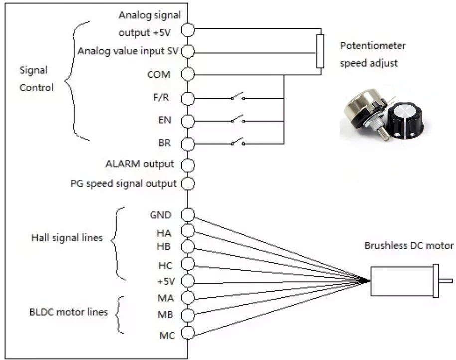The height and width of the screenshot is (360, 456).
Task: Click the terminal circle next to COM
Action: coord(187,75)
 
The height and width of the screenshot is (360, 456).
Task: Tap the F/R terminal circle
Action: coord(187,98)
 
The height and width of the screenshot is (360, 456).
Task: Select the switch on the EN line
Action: coord(237,120)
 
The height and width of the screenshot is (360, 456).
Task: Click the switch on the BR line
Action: coord(237,143)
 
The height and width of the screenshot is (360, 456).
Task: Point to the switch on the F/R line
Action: coord(237,97)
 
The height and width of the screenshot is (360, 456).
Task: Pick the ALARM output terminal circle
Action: coord(187,164)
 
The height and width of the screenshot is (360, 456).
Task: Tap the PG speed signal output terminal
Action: coord(187,183)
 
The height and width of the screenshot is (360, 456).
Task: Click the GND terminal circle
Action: coord(187,215)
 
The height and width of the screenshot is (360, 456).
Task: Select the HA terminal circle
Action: coord(187,230)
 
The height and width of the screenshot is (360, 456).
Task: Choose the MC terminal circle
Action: coord(187,333)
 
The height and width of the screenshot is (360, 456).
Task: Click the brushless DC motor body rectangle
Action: coord(401,281)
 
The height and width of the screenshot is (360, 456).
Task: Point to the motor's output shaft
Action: coord(445,281)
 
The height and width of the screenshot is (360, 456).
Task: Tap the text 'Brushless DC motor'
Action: coord(409,246)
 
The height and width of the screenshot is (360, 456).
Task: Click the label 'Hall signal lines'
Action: coord(67,238)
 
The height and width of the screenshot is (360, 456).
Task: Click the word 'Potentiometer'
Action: coord(373,46)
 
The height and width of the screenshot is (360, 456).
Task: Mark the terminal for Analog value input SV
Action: coord(187,52)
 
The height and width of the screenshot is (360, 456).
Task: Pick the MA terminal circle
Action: coord(187,298)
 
